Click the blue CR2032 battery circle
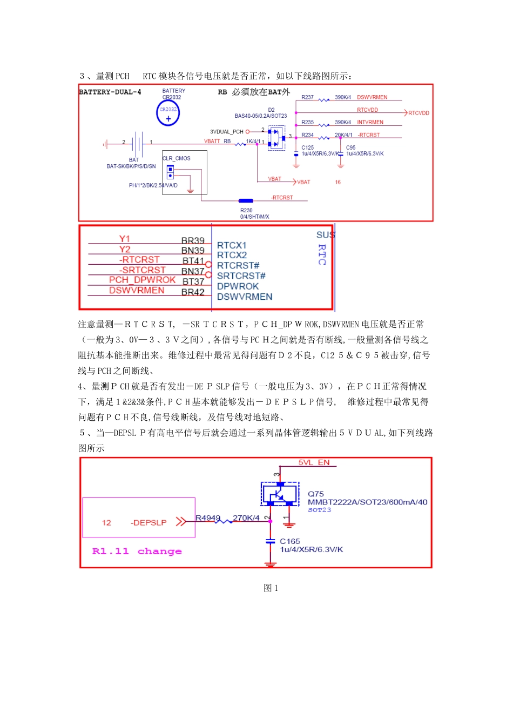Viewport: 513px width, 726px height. (168, 113)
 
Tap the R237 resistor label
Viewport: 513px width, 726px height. (307, 97)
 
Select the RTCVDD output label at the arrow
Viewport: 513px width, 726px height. (418, 113)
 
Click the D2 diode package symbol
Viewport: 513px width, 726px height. (276, 138)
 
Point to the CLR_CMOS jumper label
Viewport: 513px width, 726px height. (177, 158)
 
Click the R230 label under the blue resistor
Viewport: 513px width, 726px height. (246, 210)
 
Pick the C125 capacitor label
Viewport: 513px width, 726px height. (307, 147)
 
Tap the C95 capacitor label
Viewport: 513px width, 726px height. (351, 147)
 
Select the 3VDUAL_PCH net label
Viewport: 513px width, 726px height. (227, 132)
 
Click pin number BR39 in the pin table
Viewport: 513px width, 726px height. (193, 240)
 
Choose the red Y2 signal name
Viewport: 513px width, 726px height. (125, 249)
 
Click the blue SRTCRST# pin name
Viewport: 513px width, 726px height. (241, 276)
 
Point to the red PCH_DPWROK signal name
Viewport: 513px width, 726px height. (142, 280)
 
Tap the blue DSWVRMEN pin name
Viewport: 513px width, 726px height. (244, 297)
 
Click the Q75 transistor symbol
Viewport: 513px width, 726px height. (280, 494)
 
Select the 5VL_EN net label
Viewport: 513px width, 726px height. (314, 462)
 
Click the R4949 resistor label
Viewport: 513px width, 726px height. (208, 518)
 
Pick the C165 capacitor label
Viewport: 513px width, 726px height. (290, 541)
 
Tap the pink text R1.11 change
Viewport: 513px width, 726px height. (137, 551)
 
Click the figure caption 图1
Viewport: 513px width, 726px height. (271, 588)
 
